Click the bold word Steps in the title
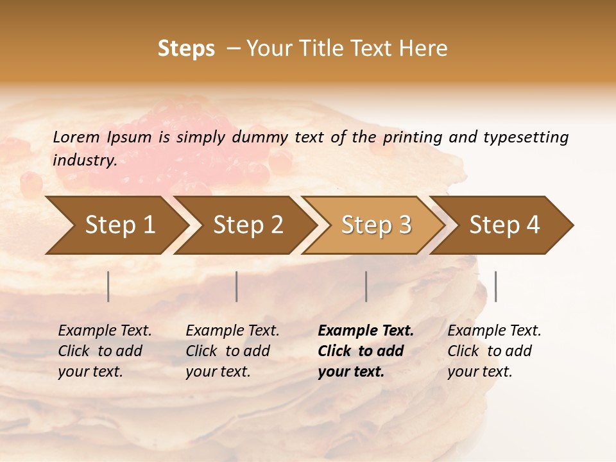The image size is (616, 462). coord(186,49)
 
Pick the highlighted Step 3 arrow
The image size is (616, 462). coord(376,225)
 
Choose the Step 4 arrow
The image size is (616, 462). coord(504,225)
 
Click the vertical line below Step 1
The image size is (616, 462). coord(108,286)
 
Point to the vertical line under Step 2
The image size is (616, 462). coord(237,286)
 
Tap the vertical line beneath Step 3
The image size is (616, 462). coord(366,286)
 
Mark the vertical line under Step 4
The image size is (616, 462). coord(495,286)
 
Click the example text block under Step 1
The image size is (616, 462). coord(105,351)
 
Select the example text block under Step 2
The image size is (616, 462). coord(232,351)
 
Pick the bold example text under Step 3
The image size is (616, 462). coord(366,351)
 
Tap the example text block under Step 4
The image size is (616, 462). coord(494,351)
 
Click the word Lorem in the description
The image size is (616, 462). coord(76,137)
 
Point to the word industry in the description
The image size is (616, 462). coord(85,160)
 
